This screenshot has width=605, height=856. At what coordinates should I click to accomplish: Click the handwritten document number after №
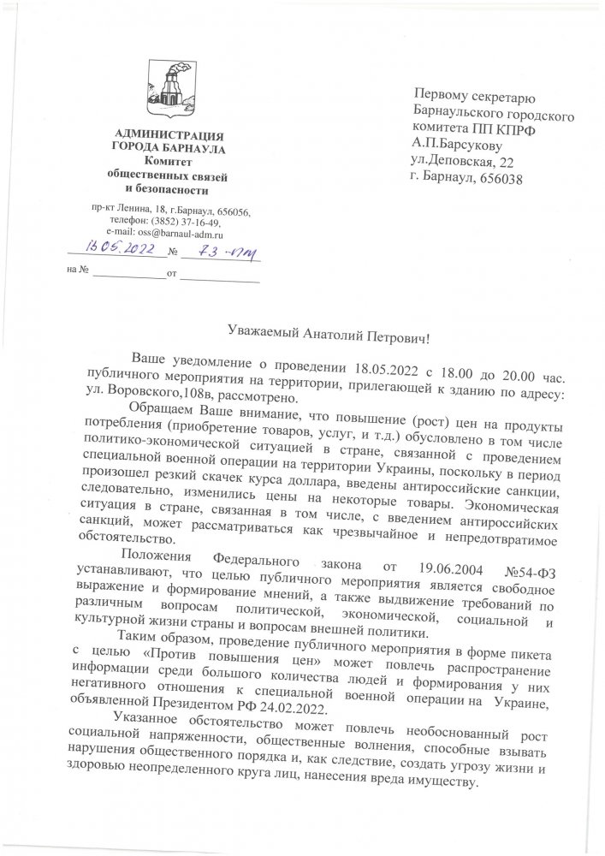[219, 252]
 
